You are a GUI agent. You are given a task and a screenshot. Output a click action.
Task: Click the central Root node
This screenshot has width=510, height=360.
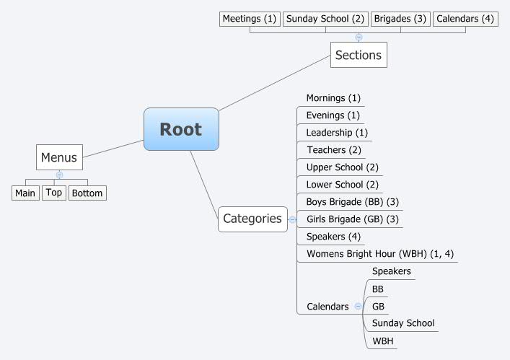tap(181, 129)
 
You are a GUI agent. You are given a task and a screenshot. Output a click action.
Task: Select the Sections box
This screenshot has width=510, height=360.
tap(358, 55)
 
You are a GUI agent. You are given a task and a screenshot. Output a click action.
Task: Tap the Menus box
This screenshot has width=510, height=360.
tap(59, 157)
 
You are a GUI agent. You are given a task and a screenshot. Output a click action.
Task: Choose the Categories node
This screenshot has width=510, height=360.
tap(252, 219)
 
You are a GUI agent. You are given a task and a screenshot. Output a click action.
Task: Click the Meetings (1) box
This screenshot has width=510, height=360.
tap(250, 19)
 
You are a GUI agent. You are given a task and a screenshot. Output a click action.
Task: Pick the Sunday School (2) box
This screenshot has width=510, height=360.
tap(325, 19)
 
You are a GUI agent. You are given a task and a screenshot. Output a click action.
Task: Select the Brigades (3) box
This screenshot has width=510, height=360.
tap(400, 19)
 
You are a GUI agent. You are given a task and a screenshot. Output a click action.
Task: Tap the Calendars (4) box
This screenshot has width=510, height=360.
tap(465, 19)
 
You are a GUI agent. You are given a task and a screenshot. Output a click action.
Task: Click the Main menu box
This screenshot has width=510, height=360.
tap(25, 193)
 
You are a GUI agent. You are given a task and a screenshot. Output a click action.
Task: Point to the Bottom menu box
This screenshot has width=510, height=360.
tap(87, 193)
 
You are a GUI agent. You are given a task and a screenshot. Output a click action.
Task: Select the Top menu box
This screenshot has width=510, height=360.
tap(54, 192)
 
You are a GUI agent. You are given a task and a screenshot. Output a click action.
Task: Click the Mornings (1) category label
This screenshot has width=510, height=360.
tap(333, 98)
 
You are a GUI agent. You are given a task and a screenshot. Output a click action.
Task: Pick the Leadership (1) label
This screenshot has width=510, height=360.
tap(337, 133)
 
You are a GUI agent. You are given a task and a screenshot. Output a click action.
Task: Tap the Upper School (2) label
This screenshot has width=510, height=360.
tap(342, 167)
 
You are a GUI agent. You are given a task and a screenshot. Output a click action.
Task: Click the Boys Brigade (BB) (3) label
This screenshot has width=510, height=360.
tap(352, 201)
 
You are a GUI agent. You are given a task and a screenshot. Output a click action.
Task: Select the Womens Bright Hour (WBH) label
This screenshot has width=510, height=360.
tap(379, 253)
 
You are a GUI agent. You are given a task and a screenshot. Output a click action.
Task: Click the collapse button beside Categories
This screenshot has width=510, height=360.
tap(292, 219)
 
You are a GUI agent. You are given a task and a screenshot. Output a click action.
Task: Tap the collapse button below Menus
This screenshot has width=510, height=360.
tap(59, 175)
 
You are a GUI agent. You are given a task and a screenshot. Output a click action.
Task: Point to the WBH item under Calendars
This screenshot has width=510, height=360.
tap(383, 341)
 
